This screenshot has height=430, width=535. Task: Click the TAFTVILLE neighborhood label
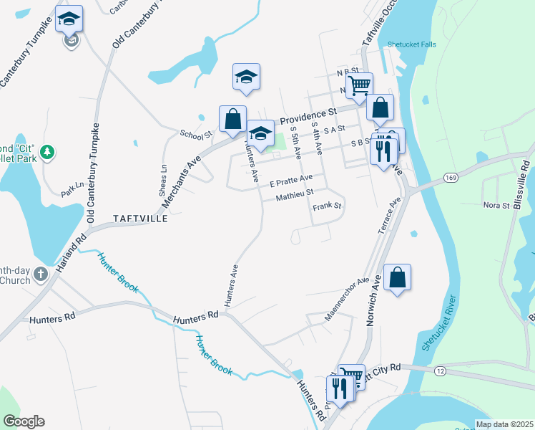click(139, 218)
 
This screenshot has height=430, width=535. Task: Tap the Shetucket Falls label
click(411, 44)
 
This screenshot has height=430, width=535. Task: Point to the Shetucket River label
click(438, 323)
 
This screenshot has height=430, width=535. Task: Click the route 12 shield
click(440, 370)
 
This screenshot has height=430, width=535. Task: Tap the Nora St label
click(496, 206)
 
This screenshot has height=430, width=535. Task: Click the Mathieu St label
click(295, 193)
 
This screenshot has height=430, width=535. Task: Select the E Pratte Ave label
click(291, 178)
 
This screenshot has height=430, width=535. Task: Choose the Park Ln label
click(72, 189)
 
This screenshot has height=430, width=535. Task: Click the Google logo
click(23, 421)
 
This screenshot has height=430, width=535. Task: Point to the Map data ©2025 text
click(504, 424)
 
